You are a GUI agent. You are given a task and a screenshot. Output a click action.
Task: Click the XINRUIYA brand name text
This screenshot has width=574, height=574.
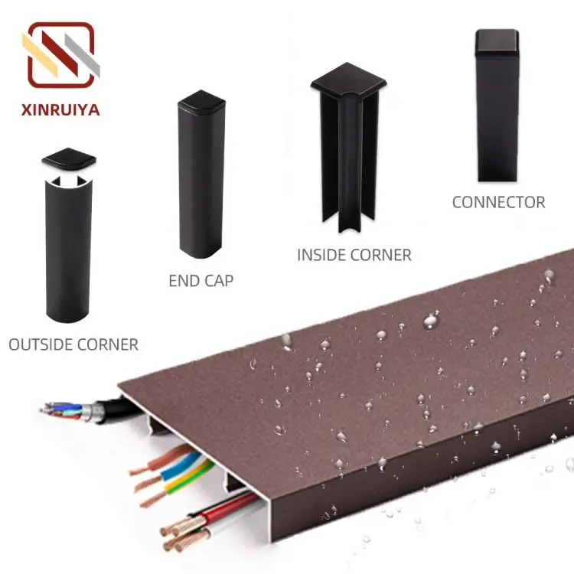[60, 109]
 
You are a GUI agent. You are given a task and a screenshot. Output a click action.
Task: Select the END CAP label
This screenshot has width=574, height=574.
[201, 281]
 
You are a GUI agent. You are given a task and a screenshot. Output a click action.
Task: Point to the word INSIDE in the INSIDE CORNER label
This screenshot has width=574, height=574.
[322, 255]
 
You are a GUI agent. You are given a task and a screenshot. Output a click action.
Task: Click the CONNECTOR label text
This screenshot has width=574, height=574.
[498, 203]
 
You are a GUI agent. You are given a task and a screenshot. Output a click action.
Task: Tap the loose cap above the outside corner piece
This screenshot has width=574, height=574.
[69, 158]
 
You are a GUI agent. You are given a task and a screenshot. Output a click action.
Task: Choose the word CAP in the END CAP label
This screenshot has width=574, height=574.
[219, 281]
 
